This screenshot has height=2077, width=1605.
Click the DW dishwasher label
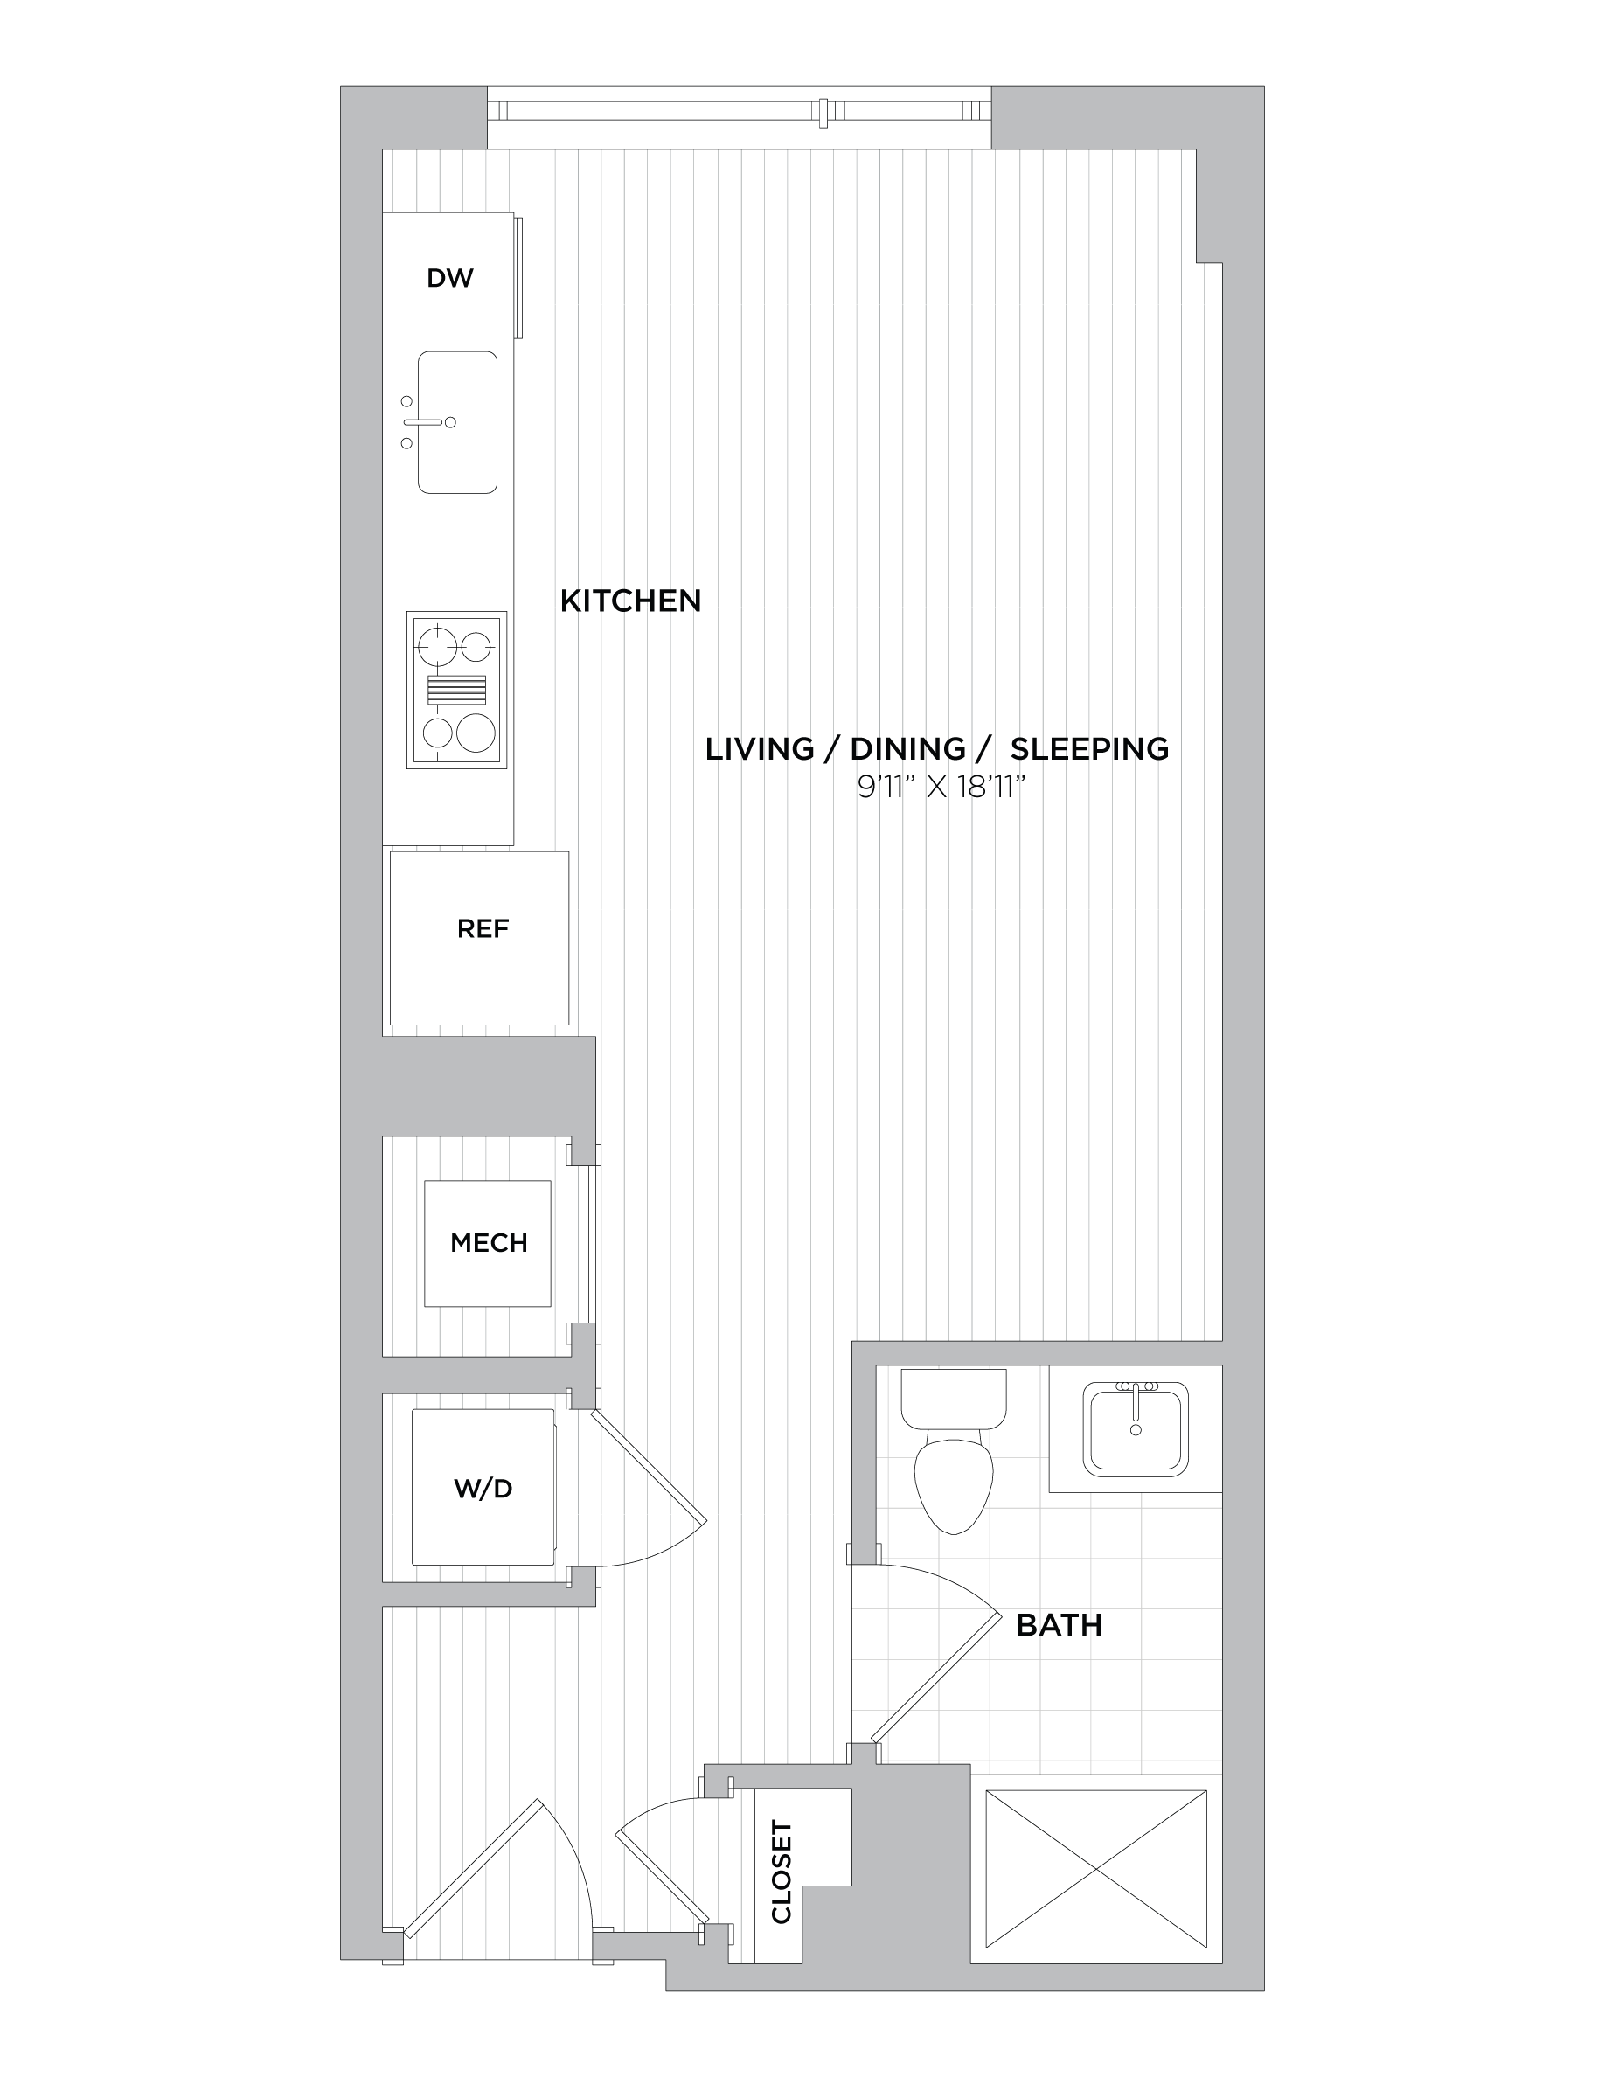click(449, 278)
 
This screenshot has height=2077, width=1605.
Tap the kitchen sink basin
click(457, 422)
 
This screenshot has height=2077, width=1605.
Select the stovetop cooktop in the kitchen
click(456, 690)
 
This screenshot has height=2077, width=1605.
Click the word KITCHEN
click(630, 601)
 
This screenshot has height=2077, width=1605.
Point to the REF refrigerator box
click(479, 938)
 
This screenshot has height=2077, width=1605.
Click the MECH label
click(489, 1242)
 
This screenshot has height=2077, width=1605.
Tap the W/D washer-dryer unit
click(483, 1486)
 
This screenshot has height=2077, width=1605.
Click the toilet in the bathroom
click(954, 1450)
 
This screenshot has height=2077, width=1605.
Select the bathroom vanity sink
click(1136, 1429)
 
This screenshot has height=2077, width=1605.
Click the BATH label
click(1060, 1625)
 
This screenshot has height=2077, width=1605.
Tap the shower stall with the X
click(1096, 1869)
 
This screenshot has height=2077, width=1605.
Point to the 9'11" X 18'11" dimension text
click(941, 788)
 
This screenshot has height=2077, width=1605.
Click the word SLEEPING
click(1089, 749)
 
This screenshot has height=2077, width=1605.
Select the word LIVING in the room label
click(760, 749)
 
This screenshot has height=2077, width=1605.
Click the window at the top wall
click(739, 112)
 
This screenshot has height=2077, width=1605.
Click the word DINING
click(908, 749)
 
